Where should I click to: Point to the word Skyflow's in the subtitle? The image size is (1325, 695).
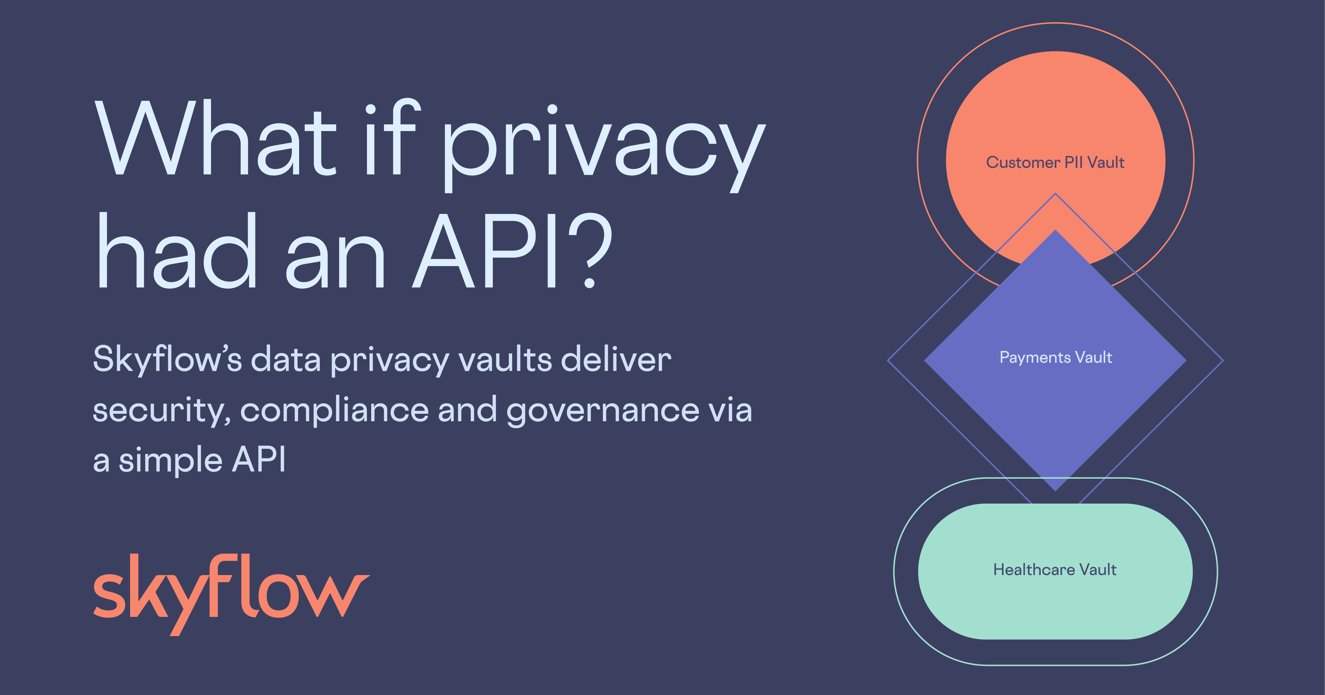pyautogui.click(x=167, y=360)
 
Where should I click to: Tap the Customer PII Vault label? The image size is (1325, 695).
pyautogui.click(x=1055, y=163)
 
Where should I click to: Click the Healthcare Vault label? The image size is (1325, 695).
pyautogui.click(x=1055, y=570)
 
